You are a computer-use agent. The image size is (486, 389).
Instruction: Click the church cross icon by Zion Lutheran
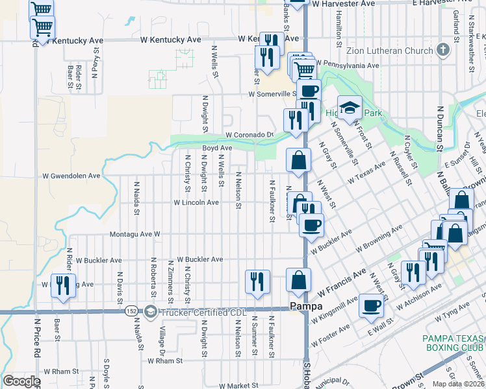pyautogui.click(x=443, y=50)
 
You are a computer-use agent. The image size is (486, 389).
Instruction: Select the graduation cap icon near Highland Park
pyautogui.click(x=350, y=108)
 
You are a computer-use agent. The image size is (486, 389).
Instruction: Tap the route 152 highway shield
pyautogui.click(x=132, y=312)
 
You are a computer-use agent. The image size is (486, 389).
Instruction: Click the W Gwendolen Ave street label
pyautogui.click(x=71, y=176)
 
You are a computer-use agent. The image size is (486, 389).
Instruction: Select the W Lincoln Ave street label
pyautogui.click(x=196, y=202)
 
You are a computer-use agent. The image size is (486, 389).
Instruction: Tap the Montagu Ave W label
pyautogui.click(x=134, y=233)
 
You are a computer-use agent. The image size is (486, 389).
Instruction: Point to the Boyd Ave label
pyautogui.click(x=217, y=148)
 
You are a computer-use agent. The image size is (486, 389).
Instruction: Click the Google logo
pyautogui.click(x=21, y=381)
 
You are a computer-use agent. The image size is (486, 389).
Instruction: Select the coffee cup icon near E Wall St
pyautogui.click(x=371, y=306)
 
